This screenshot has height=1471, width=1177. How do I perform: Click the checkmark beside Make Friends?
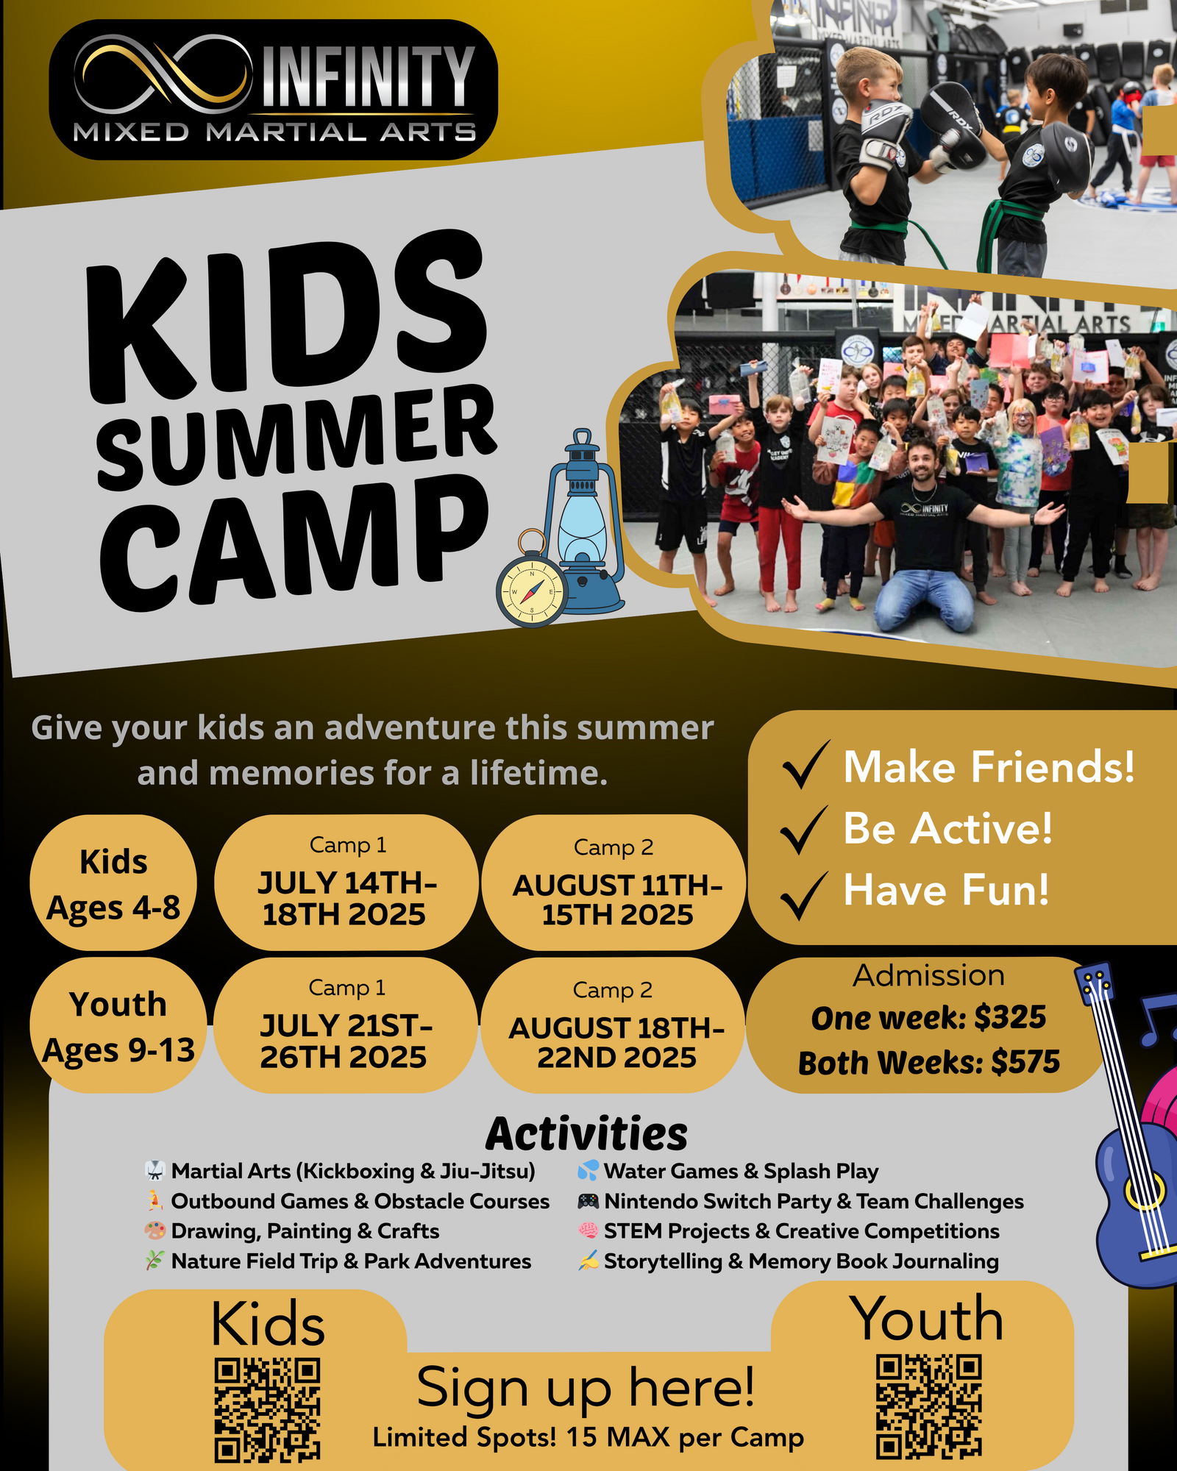[x=806, y=765]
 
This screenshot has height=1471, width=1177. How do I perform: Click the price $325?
[x=1009, y=1018]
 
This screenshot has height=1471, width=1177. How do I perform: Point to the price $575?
[x=1025, y=1062]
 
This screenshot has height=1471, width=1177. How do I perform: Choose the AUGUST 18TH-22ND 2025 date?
[x=616, y=1042]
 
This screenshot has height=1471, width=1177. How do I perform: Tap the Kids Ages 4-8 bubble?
[x=113, y=883]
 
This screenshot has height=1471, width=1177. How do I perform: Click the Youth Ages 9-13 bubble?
[x=118, y=1025]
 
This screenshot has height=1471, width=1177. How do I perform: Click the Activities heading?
[x=586, y=1133]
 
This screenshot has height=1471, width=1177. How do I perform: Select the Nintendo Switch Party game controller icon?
[x=588, y=1201]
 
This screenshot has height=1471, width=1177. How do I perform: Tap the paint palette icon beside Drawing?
[x=155, y=1230]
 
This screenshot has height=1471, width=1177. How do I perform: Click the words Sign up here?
[x=586, y=1387]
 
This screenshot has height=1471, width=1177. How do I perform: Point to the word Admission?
[x=928, y=975]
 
